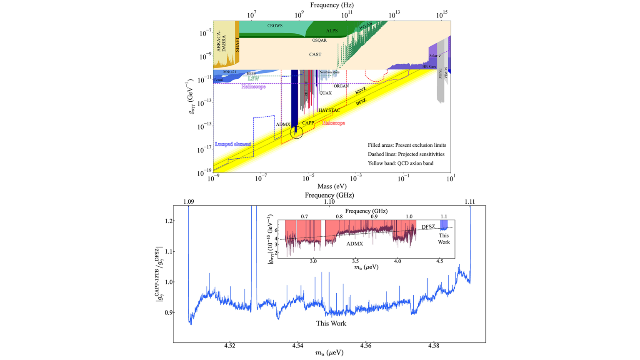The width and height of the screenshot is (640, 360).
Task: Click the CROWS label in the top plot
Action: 275,26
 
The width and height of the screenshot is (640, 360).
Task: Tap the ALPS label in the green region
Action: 332,31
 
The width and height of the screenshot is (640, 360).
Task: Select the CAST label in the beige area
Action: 315,55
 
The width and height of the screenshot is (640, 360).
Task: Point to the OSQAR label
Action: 319,40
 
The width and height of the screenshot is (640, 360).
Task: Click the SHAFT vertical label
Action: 237,44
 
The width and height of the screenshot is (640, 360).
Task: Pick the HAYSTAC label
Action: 329,110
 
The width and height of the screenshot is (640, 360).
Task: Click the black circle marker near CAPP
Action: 296,132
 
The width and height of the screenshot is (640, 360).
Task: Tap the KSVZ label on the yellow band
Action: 360,91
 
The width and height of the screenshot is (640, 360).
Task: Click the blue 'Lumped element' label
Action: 233,144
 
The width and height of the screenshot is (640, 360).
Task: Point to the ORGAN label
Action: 341,86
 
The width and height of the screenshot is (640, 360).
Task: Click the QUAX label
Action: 325,93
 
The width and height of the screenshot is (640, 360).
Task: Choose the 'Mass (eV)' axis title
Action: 332,186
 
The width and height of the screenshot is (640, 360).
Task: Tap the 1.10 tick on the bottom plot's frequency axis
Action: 329,202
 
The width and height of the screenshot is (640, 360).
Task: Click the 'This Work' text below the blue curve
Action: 331,323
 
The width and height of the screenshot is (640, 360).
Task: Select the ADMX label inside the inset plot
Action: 355,244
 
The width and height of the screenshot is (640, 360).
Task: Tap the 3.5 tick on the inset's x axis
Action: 355,261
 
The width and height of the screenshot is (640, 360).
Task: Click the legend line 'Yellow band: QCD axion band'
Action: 400,163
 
